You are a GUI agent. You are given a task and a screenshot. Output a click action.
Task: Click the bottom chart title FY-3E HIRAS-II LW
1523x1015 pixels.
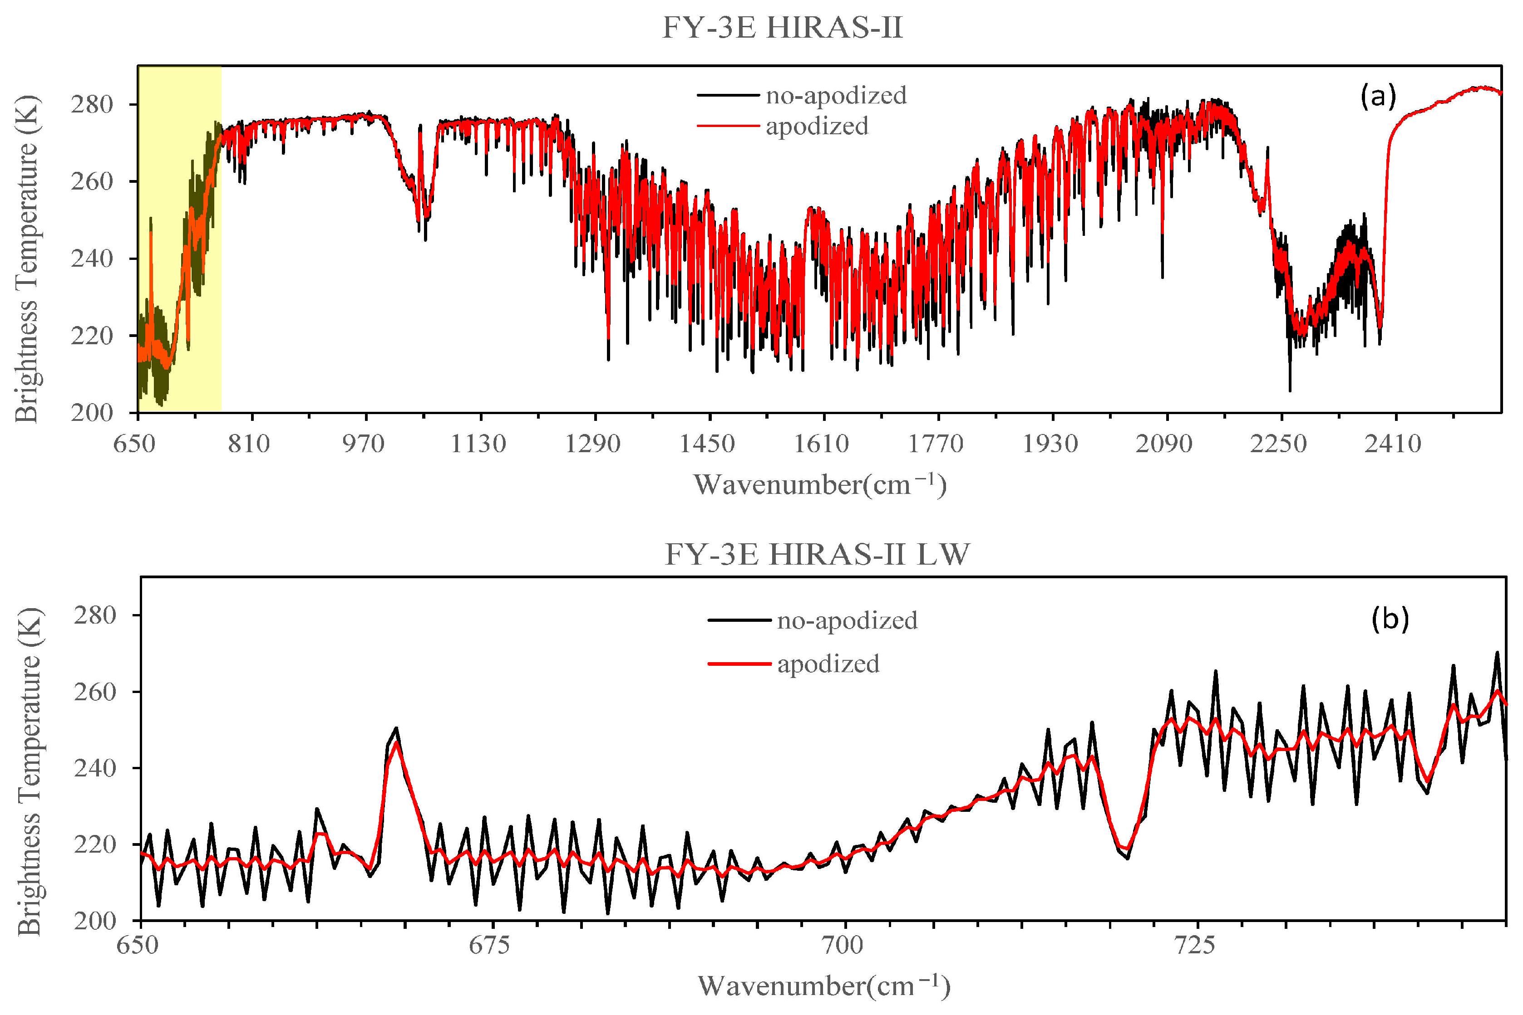pos(817,555)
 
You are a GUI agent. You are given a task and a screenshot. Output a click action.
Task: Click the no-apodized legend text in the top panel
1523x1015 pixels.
pos(836,96)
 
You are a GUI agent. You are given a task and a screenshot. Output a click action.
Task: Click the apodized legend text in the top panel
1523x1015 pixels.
pos(817,126)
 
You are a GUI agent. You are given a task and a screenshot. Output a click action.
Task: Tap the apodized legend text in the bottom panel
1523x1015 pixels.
pos(828,664)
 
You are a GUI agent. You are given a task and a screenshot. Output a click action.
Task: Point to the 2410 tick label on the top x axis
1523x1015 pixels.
pos(1393,444)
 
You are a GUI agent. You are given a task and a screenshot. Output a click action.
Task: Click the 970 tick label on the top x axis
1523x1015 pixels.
pos(364,444)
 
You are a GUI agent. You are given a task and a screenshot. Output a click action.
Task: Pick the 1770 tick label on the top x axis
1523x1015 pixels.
pos(936,444)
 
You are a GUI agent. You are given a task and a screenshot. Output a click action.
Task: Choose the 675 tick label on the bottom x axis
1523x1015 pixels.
pos(490,946)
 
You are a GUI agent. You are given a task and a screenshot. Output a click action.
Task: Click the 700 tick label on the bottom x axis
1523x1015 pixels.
pos(842,946)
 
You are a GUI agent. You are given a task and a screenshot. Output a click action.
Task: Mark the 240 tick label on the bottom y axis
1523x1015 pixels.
pos(94,768)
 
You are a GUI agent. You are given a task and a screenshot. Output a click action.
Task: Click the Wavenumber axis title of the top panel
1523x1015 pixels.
pos(819,485)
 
